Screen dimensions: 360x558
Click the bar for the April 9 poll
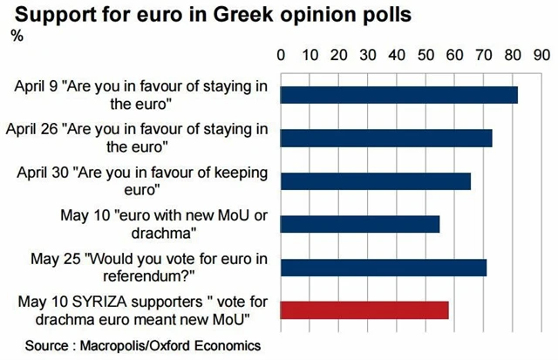[x=399, y=95]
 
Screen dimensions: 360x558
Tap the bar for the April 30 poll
[x=376, y=180]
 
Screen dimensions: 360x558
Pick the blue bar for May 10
[x=360, y=224]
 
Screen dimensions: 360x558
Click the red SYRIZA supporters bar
[x=364, y=309]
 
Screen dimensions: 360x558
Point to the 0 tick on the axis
[x=282, y=54]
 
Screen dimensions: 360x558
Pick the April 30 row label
[x=142, y=180]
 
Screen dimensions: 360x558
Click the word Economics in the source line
[x=222, y=345]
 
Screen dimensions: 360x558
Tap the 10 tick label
[x=310, y=54]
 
